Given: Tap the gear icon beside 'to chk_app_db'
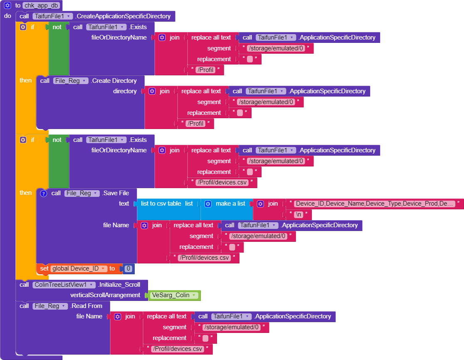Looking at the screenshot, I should pyautogui.click(x=7, y=5).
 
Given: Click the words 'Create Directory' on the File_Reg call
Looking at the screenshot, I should pyautogui.click(x=114, y=81).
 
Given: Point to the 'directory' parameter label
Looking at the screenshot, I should pyautogui.click(x=125, y=91).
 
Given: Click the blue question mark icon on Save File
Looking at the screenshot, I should pyautogui.click(x=43, y=193).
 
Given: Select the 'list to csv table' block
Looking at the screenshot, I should pyautogui.click(x=161, y=204).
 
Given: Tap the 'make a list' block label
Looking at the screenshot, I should pyautogui.click(x=230, y=204).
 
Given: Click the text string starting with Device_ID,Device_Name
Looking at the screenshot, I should pyautogui.click(x=374, y=204).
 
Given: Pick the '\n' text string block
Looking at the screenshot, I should pyautogui.click(x=299, y=215).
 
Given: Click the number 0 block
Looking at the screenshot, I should pyautogui.click(x=128, y=269).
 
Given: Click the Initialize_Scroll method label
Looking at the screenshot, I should pyautogui.click(x=119, y=285).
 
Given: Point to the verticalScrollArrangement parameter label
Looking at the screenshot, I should pyautogui.click(x=105, y=295).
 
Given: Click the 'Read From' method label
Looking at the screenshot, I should pyautogui.click(x=87, y=306).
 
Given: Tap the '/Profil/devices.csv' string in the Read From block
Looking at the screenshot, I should pyautogui.click(x=178, y=349).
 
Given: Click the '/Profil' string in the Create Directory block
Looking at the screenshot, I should pyautogui.click(x=195, y=124).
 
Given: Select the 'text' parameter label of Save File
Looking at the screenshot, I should pyautogui.click(x=124, y=204).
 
